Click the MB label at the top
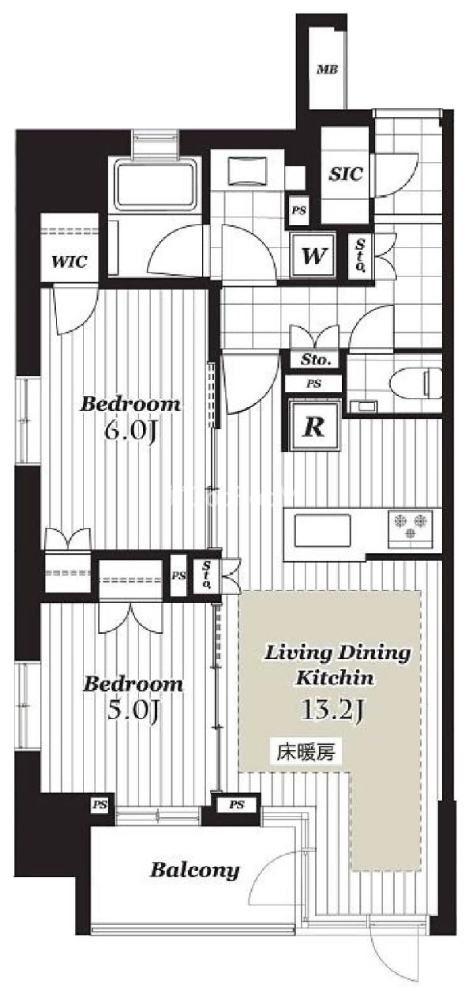pos(328,70)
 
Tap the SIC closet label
pos(346,175)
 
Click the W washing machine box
pos(313,255)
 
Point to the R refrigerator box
pos(313,426)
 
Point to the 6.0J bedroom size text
pos(130,434)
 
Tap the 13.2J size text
pos(332,710)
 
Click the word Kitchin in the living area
pos(335,678)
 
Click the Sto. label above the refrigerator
pos(316,360)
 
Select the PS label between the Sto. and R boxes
pos(313,384)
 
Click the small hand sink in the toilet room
pos(362,405)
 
